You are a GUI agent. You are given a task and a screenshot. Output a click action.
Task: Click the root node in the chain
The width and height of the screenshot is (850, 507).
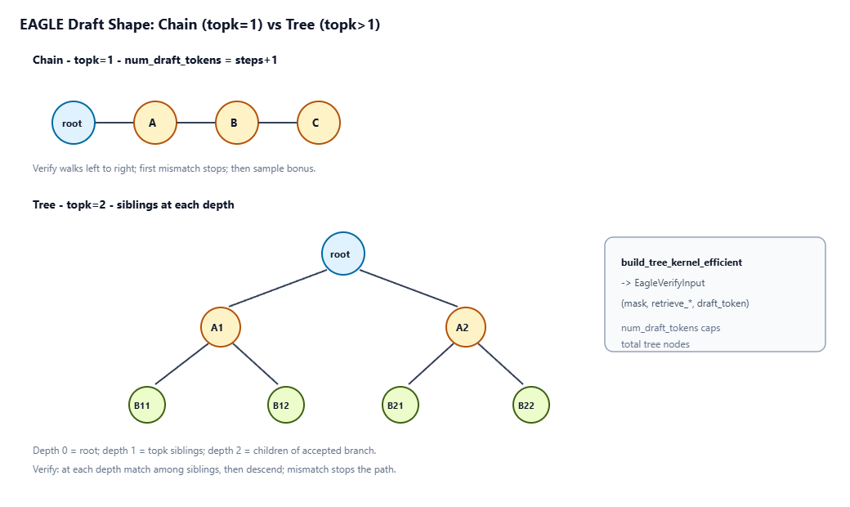(x=74, y=123)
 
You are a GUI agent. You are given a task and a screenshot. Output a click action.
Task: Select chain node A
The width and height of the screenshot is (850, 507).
(x=155, y=123)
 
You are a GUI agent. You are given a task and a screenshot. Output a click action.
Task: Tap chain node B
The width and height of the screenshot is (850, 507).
(x=237, y=123)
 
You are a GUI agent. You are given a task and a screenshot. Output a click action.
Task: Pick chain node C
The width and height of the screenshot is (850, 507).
(x=319, y=123)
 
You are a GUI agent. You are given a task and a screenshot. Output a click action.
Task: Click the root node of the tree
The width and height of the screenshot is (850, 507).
(x=343, y=253)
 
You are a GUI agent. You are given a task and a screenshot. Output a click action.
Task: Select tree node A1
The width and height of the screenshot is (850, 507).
(x=221, y=327)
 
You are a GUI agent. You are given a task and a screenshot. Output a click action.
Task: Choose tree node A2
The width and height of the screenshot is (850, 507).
(x=466, y=327)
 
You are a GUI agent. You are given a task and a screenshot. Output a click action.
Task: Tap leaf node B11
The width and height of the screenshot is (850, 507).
(x=147, y=405)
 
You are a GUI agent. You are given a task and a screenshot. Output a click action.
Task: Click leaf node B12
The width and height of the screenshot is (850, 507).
(x=286, y=405)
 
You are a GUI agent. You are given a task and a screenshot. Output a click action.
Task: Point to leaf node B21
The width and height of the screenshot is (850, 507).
(x=400, y=405)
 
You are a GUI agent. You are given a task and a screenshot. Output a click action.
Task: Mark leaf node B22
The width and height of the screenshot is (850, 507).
(x=530, y=405)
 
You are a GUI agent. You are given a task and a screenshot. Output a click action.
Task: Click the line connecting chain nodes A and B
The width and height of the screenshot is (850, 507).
(x=195, y=123)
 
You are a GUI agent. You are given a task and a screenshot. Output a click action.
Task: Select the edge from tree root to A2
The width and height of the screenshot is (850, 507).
(x=409, y=289)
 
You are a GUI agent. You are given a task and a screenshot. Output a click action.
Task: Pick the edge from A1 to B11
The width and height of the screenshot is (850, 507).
(x=181, y=364)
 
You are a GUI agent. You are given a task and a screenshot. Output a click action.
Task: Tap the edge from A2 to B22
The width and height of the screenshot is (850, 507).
(x=500, y=364)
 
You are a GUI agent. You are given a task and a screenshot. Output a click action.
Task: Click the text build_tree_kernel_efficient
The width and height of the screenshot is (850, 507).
(x=682, y=262)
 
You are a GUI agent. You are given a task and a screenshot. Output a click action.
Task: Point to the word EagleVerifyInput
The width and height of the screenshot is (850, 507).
(x=669, y=283)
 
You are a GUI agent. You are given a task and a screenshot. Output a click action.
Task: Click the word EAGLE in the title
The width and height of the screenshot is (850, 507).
(x=42, y=25)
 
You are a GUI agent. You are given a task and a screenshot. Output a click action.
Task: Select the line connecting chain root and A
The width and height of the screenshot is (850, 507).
(x=114, y=123)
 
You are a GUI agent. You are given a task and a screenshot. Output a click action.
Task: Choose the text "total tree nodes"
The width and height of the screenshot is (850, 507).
(x=655, y=344)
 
